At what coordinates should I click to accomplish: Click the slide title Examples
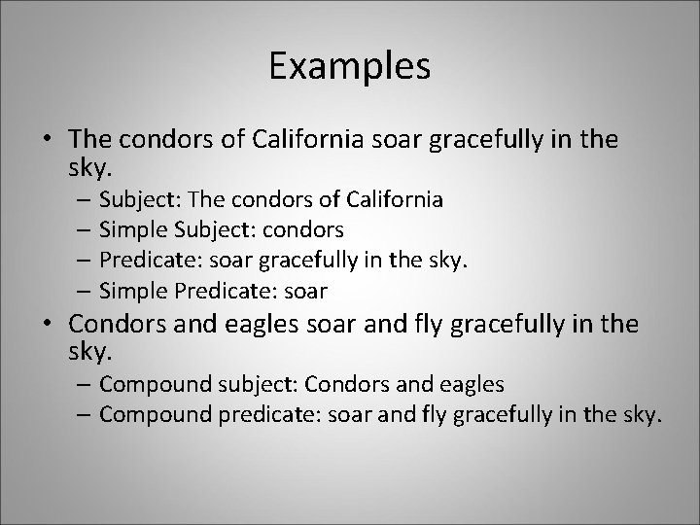350,67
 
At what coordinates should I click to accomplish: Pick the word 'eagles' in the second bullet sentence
245,323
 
